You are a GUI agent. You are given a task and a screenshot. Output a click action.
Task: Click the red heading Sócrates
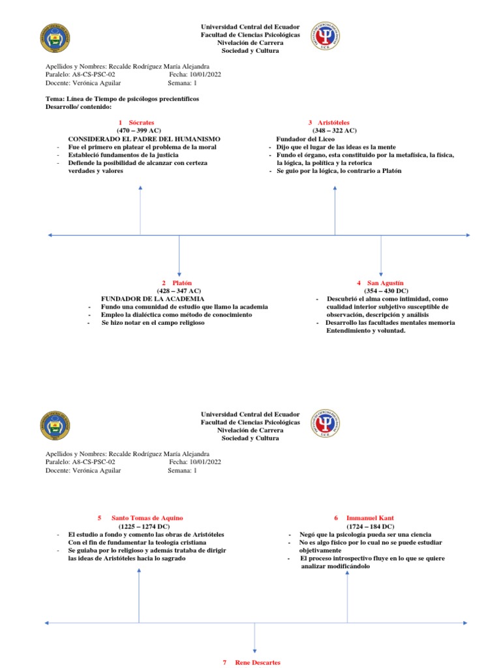(141, 122)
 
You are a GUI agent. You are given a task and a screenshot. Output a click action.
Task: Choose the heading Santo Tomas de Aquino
(147, 517)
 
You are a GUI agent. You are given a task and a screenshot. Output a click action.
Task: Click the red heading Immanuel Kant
(370, 517)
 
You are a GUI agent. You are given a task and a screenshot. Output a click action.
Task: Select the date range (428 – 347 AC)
(179, 290)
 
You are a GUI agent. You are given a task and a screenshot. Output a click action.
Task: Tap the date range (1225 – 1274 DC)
(144, 526)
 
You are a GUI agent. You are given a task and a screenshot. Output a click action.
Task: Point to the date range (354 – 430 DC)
(386, 290)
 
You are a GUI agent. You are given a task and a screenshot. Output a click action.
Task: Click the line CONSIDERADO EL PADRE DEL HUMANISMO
(144, 139)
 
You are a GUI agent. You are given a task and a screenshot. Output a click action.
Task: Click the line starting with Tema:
(122, 99)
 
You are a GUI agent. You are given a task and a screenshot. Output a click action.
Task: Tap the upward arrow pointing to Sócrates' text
(140, 209)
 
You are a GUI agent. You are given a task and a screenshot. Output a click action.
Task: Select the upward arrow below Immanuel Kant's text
(347, 594)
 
